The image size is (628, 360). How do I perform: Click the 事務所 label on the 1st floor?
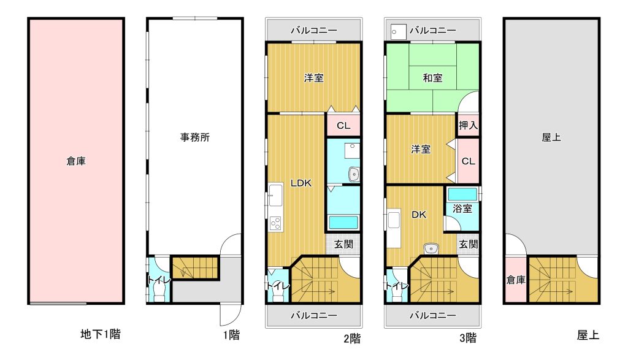tap(194, 137)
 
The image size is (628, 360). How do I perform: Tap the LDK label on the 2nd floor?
tap(301, 183)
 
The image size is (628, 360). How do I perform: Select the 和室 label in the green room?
tap(432, 78)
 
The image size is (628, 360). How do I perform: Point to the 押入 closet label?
tap(468, 125)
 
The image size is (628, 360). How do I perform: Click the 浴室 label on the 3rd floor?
tap(462, 209)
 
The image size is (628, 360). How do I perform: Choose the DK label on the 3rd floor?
tap(419, 215)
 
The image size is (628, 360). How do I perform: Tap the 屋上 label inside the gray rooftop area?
tap(551, 137)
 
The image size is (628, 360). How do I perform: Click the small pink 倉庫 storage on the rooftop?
tap(515, 280)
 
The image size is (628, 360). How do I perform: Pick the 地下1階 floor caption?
tap(101, 334)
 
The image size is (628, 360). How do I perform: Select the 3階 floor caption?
tap(468, 338)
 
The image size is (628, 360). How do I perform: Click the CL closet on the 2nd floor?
tap(343, 125)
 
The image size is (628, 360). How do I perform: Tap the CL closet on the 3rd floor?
tap(468, 161)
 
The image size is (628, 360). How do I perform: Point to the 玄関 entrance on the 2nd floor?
tap(343, 244)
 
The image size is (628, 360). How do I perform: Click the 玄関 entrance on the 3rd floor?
tap(468, 244)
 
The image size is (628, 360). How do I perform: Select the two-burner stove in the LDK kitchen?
tap(275, 223)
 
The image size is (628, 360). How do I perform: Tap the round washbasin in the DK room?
tap(431, 248)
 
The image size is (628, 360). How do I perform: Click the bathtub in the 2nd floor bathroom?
tap(343, 222)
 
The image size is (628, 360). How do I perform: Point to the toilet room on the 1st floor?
tap(159, 280)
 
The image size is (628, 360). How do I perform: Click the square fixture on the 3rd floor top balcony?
tap(398, 31)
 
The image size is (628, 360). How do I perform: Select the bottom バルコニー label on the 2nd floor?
tap(313, 316)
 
